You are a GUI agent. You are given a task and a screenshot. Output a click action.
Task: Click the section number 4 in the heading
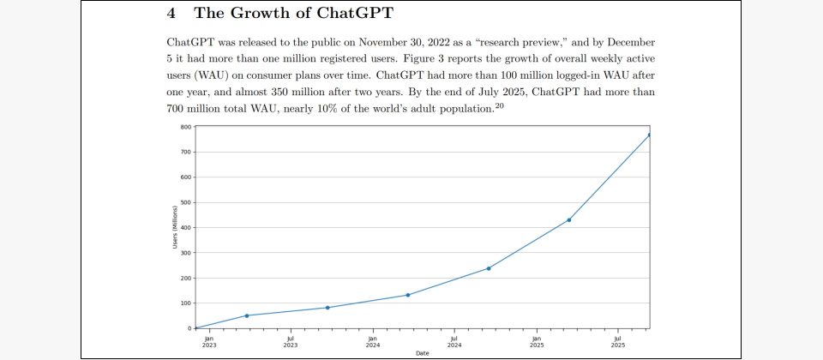(171, 14)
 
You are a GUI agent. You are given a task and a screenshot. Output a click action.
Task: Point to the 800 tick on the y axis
(186, 127)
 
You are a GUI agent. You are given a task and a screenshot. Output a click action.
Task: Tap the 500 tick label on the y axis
(186, 202)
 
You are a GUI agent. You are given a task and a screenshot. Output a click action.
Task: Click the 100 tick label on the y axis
(186, 303)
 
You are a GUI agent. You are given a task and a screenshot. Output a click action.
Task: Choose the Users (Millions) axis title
(174, 228)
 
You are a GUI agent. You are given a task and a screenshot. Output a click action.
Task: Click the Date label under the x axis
(423, 353)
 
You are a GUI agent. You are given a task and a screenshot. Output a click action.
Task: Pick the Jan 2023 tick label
(208, 341)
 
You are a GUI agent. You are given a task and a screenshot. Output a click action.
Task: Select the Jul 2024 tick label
(454, 341)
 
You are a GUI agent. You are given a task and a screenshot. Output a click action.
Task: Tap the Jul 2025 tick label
(618, 341)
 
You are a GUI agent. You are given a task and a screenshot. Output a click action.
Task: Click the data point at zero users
(196, 328)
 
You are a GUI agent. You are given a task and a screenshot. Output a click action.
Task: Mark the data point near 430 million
(569, 220)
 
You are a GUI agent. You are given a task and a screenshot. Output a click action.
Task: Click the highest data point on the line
(650, 135)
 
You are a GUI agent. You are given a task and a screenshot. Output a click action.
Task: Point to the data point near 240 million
(489, 268)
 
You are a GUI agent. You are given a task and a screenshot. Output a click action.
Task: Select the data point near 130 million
(408, 295)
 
